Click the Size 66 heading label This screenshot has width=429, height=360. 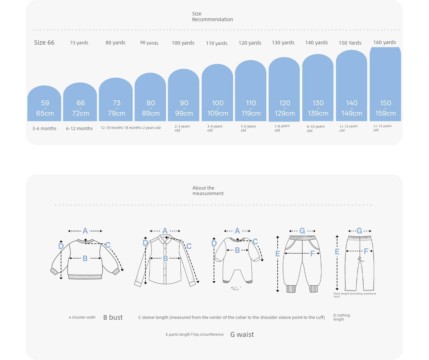click(x=44, y=43)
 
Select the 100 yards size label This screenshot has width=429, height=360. click(x=183, y=43)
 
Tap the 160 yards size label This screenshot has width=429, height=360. click(x=384, y=42)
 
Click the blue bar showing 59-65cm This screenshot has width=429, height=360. click(x=44, y=103)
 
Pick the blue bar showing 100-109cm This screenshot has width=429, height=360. click(x=217, y=92)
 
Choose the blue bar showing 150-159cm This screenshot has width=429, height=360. click(x=385, y=84)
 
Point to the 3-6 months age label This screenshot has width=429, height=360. click(x=44, y=128)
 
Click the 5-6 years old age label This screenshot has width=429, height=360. click(x=248, y=128)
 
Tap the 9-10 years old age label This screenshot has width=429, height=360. click(x=315, y=128)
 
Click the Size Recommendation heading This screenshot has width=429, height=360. click(x=212, y=16)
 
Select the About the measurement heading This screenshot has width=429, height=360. click(x=208, y=190)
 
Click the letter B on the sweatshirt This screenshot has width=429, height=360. click(x=85, y=258)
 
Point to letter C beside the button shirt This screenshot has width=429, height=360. click(x=189, y=246)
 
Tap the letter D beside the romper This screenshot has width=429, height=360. click(x=214, y=243)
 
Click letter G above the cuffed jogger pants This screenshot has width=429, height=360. click(x=302, y=231)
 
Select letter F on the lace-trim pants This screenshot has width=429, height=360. click(x=366, y=251)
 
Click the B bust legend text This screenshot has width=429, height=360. click(x=113, y=317)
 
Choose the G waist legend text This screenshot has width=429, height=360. click(x=242, y=335)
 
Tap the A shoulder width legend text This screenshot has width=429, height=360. click(x=82, y=317)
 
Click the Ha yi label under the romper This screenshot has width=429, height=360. click(x=236, y=289)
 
